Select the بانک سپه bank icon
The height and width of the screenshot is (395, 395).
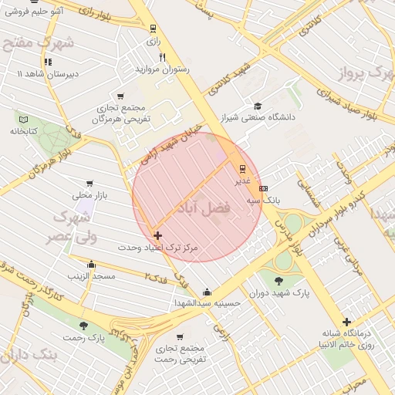[264, 188]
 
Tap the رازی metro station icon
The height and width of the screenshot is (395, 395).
[153, 29]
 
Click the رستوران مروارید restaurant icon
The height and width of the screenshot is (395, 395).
[162, 57]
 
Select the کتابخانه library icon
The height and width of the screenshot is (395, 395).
[24, 119]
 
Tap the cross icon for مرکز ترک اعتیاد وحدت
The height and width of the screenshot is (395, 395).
[157, 235]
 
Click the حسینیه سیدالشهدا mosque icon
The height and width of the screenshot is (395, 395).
[207, 292]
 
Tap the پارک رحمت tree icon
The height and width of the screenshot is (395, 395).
[83, 326]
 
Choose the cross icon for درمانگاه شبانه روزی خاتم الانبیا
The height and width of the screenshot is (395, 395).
[346, 322]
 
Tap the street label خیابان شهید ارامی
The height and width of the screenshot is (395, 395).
[166, 143]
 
